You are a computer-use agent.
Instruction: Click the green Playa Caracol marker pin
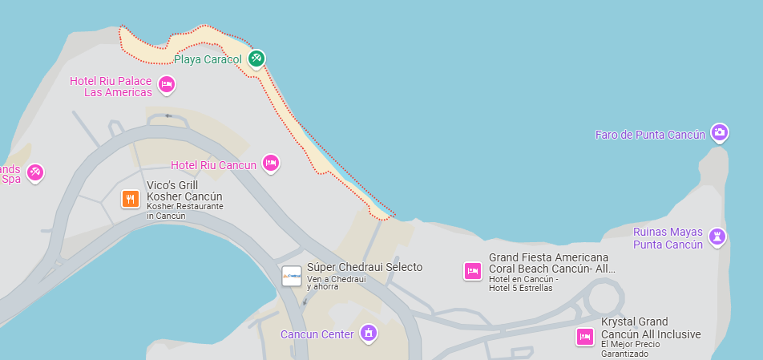(256, 59)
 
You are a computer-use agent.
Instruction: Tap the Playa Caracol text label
(208, 59)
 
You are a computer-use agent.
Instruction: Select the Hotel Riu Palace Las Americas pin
(167, 84)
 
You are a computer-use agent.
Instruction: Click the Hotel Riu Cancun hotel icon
(271, 164)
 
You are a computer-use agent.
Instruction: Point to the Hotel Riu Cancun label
(213, 165)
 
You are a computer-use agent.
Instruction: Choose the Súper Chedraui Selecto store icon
(292, 276)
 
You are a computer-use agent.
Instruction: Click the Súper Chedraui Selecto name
(365, 267)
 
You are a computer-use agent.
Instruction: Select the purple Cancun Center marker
(368, 332)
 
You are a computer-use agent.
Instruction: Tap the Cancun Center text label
(317, 334)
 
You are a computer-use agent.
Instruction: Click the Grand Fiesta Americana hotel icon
(473, 271)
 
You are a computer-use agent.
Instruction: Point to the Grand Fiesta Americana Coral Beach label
(551, 263)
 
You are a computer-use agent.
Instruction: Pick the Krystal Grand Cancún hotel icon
(585, 336)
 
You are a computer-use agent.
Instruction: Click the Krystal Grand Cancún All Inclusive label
(650, 328)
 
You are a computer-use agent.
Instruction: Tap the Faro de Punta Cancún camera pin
(720, 132)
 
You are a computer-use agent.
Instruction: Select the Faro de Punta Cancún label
(650, 134)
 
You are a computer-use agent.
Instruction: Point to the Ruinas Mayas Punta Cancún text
(668, 238)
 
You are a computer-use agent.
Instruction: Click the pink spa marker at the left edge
(35, 172)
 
